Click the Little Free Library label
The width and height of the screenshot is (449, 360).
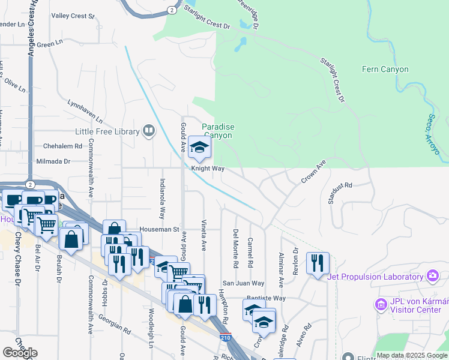107,131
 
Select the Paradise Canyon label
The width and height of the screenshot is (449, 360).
217,131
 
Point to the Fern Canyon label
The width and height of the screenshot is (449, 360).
385,69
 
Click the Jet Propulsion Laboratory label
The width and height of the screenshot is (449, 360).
375,277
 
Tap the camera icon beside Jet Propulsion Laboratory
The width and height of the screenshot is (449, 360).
432,276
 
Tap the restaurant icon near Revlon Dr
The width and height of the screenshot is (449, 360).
318,262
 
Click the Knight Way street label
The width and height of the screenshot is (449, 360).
208,169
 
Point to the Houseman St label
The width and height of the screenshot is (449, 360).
159,229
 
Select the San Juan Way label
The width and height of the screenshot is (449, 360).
244,283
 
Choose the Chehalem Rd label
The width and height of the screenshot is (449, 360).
62,146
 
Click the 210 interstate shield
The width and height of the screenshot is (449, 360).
225,338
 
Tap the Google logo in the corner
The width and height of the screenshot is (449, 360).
20,352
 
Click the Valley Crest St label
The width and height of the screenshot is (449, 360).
73,16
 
